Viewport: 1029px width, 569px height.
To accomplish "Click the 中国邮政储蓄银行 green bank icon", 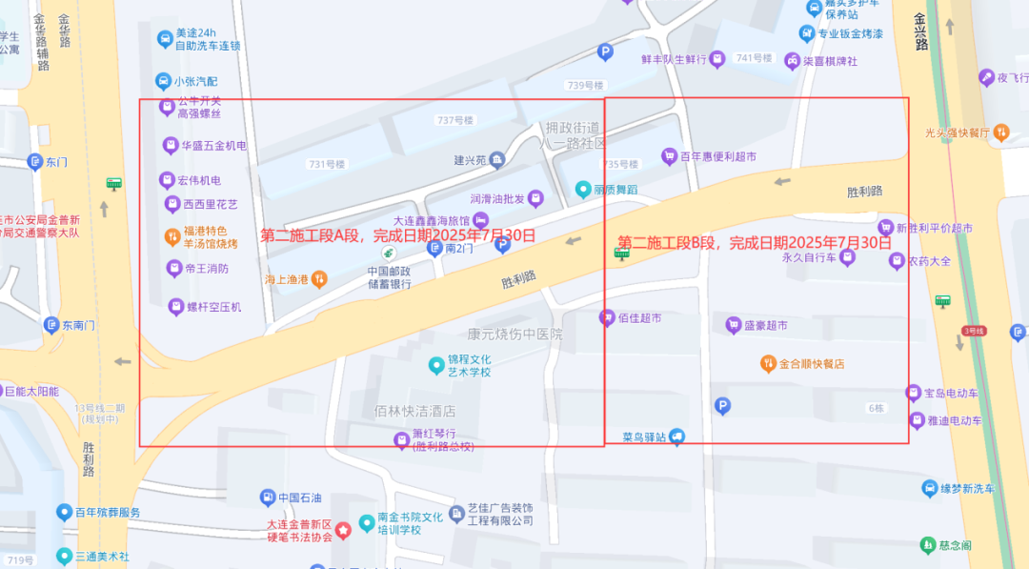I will click(x=389, y=254).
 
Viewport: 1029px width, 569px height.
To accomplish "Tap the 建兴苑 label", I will click(x=469, y=159).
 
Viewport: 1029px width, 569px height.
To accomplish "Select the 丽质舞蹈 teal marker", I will click(x=583, y=190).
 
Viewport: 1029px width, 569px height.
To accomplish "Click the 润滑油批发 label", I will click(x=497, y=199).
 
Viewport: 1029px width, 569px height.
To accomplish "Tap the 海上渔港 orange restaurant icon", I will click(x=319, y=279).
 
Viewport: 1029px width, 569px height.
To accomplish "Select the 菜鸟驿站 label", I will click(x=644, y=437).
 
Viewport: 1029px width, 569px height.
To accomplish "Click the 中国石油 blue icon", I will click(x=269, y=498).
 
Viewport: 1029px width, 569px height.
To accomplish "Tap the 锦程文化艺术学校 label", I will click(x=470, y=365).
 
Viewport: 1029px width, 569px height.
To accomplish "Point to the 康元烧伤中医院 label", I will click(x=514, y=335).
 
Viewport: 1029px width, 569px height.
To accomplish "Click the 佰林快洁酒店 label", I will click(x=414, y=412).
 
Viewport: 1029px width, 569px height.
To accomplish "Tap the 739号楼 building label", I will click(x=586, y=86).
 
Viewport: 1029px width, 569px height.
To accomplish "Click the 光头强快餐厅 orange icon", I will click(x=1000, y=133).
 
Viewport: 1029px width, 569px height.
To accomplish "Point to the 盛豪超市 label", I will click(x=765, y=326).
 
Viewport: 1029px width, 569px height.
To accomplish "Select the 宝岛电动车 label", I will click(x=951, y=394).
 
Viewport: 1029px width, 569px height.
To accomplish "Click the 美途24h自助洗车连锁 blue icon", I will click(x=164, y=39).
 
